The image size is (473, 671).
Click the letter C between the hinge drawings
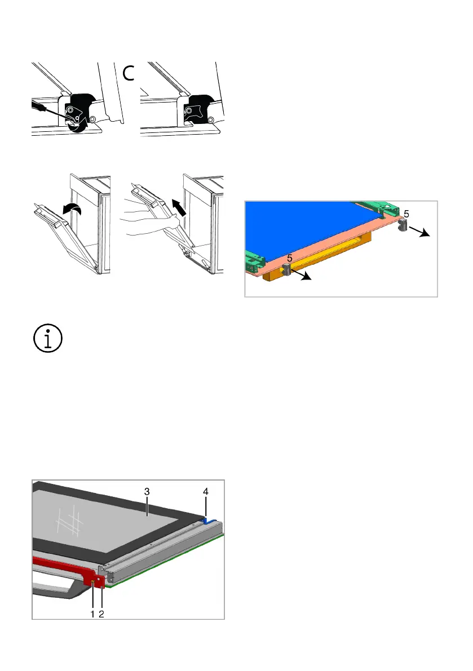(129, 73)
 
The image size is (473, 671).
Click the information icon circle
(48, 338)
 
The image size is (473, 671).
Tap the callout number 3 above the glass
(147, 492)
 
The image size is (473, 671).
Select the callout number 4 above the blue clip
(206, 492)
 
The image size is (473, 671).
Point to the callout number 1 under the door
(92, 614)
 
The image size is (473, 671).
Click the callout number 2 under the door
(101, 614)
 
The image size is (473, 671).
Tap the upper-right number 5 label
(406, 214)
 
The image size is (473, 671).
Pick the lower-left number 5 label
(290, 259)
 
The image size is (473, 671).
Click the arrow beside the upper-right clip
(419, 232)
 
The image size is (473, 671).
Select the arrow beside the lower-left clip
(300, 275)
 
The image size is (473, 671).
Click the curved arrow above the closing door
(72, 209)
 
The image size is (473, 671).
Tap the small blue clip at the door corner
(209, 521)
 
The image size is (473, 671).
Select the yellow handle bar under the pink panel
(317, 257)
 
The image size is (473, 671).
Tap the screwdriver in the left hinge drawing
(51, 109)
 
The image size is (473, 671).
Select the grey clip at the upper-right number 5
(403, 225)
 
